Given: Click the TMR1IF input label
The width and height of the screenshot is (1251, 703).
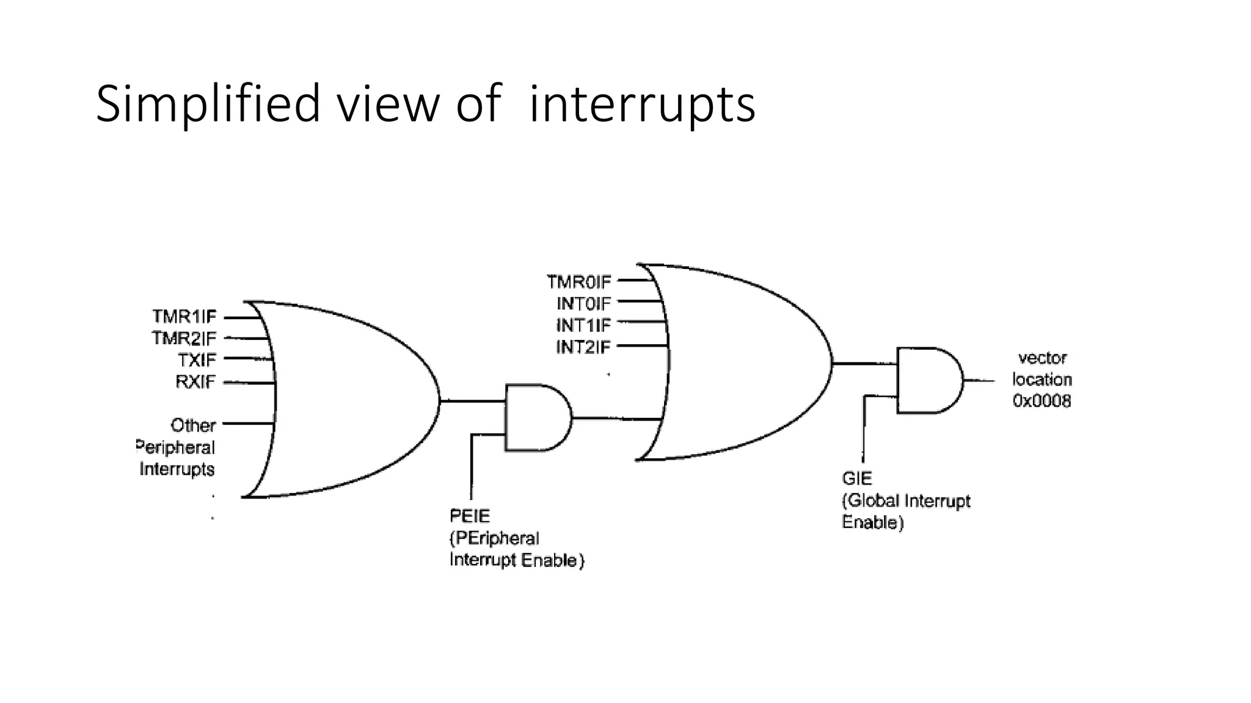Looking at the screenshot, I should pyautogui.click(x=184, y=317).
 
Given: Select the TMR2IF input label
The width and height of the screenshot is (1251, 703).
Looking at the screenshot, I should pyautogui.click(x=184, y=338).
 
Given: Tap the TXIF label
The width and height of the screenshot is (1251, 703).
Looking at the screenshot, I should pyautogui.click(x=197, y=360).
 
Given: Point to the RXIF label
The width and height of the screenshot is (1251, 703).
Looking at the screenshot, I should pyautogui.click(x=195, y=382).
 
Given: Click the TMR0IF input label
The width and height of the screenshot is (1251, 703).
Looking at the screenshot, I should pyautogui.click(x=578, y=282).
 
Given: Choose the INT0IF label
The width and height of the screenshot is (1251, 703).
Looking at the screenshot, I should pyautogui.click(x=583, y=303).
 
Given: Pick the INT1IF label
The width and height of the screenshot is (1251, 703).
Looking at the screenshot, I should pyautogui.click(x=583, y=325).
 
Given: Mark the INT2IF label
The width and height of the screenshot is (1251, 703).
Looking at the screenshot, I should pyautogui.click(x=583, y=347).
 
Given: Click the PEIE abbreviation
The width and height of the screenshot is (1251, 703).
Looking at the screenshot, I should pyautogui.click(x=470, y=516).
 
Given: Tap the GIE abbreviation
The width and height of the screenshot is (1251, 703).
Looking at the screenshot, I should pyautogui.click(x=857, y=478).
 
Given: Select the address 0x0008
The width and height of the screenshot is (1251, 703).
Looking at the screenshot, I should pyautogui.click(x=1041, y=401).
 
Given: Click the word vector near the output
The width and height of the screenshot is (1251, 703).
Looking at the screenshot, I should pyautogui.click(x=1042, y=358).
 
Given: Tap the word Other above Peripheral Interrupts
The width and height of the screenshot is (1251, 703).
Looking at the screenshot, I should pyautogui.click(x=193, y=425).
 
